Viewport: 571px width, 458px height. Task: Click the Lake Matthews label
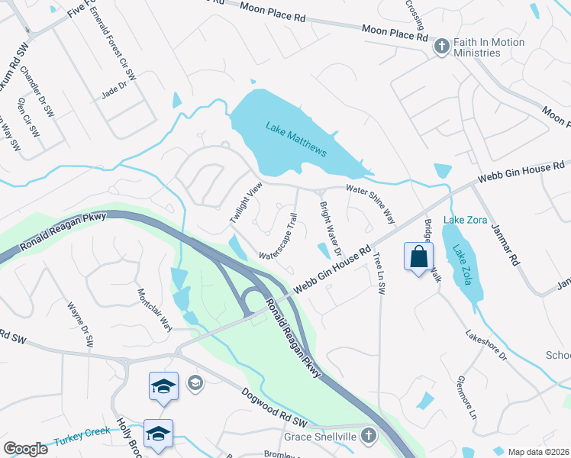pyautogui.click(x=296, y=139)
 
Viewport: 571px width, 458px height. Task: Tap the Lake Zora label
pyautogui.click(x=464, y=221)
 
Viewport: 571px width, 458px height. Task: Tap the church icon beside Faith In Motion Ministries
pyautogui.click(x=440, y=47)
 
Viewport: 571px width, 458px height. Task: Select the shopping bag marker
pyautogui.click(x=419, y=257)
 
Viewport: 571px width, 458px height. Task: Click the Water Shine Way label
pyautogui.click(x=370, y=202)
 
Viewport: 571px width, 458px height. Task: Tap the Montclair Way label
pyautogui.click(x=155, y=309)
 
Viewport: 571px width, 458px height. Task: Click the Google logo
pyautogui.click(x=26, y=449)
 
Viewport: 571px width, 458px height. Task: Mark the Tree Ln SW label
pyautogui.click(x=379, y=272)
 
